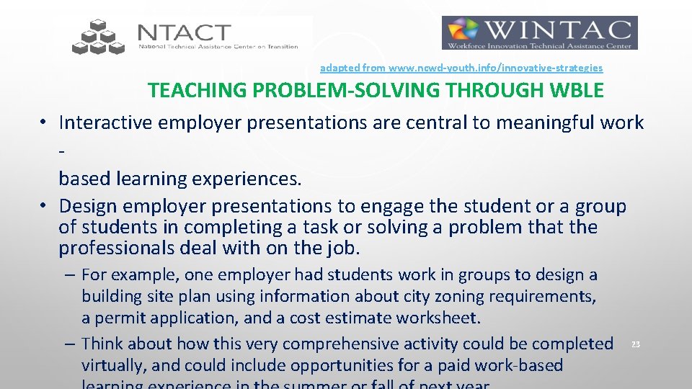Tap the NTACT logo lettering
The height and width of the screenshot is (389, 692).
point(185,32)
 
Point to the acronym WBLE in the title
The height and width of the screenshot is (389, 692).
point(577,91)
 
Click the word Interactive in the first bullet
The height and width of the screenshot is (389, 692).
point(106,122)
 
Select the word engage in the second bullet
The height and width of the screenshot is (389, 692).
point(393,206)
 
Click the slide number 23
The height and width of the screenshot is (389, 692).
point(635,345)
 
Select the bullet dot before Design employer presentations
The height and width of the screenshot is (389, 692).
point(45,205)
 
